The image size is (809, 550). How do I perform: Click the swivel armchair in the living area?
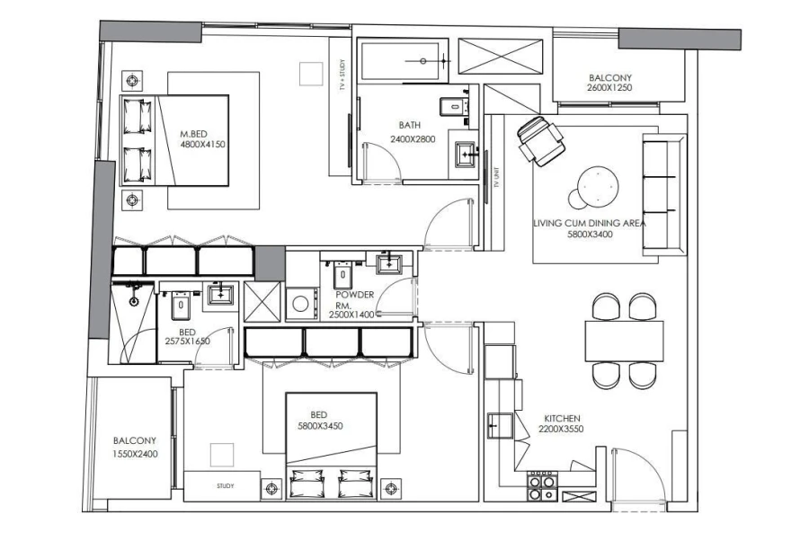click(x=539, y=140)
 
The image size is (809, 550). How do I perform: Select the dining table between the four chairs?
click(x=624, y=341)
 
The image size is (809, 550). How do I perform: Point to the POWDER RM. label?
click(x=354, y=299)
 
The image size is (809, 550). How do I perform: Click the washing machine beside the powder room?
click(x=301, y=304)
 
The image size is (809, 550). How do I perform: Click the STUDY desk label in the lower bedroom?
click(x=225, y=486)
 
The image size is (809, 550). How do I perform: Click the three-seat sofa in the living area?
click(x=663, y=193)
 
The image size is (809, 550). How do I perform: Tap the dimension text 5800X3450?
click(x=322, y=426)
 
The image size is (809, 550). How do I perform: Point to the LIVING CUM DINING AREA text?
click(x=590, y=225)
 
